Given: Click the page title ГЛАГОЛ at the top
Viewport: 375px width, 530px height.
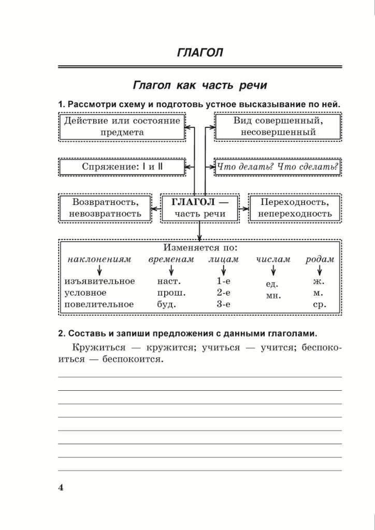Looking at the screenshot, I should click(x=200, y=53).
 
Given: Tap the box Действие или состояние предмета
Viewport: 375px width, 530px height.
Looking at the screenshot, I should click(x=122, y=126).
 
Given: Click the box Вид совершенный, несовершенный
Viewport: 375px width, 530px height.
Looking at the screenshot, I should click(x=278, y=126).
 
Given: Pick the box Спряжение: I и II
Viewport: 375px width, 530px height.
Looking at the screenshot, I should click(x=122, y=167).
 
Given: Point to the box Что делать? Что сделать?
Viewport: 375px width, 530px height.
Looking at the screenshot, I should click(x=277, y=167).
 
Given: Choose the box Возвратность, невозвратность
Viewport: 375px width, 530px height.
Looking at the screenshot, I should click(x=106, y=208).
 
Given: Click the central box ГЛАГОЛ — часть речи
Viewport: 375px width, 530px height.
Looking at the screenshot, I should click(x=200, y=208).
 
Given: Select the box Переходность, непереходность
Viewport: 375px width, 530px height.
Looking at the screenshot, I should click(x=295, y=208).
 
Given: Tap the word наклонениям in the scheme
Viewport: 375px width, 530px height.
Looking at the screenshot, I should click(x=99, y=259).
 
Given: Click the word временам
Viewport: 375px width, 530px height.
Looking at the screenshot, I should click(x=171, y=259).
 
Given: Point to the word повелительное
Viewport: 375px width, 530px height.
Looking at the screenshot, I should click(x=98, y=304).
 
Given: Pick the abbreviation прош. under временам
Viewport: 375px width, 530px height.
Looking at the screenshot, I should click(x=171, y=293).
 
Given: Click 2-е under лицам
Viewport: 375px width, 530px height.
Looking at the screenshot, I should click(x=223, y=293).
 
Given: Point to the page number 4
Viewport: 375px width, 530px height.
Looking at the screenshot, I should click(x=60, y=488).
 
